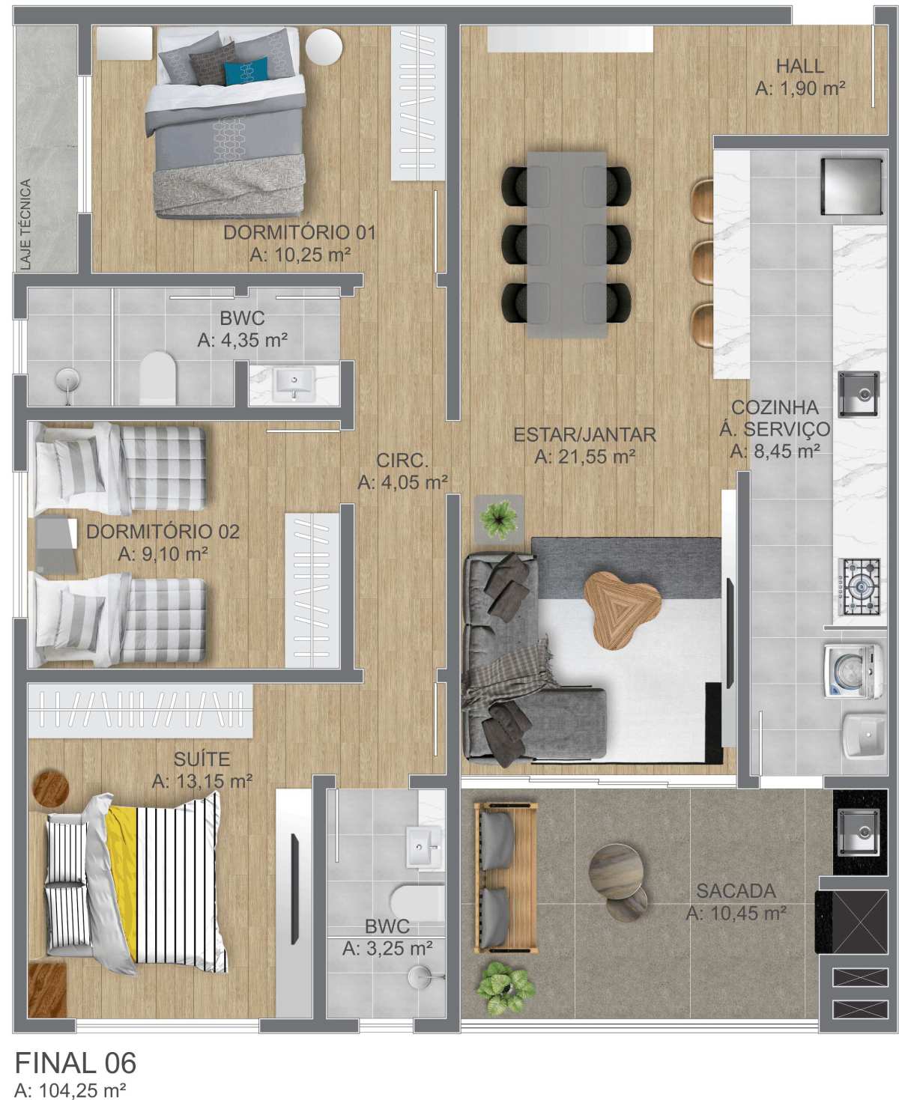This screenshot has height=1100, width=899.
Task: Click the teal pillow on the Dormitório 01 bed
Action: point(246,71)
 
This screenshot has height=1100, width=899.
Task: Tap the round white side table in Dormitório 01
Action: point(324,46)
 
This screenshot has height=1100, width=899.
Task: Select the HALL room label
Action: point(800,66)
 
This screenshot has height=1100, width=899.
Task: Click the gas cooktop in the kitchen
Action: point(859,586)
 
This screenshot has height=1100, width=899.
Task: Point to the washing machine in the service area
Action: point(854,670)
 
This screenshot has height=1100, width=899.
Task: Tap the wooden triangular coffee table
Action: point(622,610)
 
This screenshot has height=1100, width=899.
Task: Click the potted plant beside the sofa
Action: point(499,519)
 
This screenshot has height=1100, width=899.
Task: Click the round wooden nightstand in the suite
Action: point(50,790)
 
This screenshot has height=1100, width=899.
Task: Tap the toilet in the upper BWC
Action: point(158,377)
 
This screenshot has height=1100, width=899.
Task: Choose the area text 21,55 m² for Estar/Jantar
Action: point(584,456)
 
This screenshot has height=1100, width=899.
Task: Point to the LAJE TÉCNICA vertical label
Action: point(25,225)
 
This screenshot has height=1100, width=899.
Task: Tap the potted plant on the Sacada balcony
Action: point(506,988)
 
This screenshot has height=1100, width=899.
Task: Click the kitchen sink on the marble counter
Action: point(859,395)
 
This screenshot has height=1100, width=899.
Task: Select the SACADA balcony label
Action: point(736,891)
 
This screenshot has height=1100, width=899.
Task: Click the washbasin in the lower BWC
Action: point(423,845)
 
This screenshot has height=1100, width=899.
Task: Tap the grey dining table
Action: point(566,244)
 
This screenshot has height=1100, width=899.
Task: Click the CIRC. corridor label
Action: point(402,461)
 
